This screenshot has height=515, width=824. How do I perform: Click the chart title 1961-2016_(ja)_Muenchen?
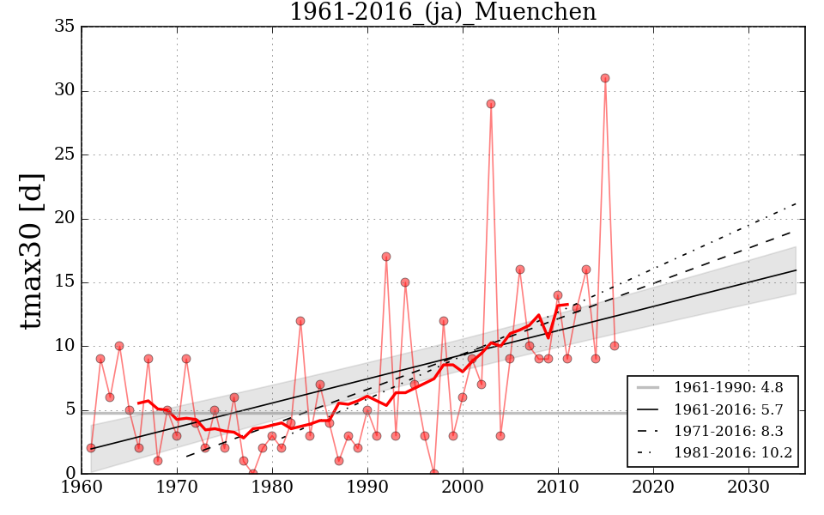point(442,12)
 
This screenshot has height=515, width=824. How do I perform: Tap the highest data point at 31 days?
point(605,78)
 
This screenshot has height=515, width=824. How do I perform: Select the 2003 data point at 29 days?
point(491,104)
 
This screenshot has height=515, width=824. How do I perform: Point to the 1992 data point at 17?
point(386,257)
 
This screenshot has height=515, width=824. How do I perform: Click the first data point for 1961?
point(91,448)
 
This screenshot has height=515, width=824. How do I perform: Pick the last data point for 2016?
point(615,346)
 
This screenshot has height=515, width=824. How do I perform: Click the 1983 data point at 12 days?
point(300,321)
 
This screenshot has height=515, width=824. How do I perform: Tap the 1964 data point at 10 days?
point(119,346)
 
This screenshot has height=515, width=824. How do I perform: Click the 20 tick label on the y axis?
point(64,219)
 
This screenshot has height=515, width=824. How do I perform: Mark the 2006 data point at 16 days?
point(520,270)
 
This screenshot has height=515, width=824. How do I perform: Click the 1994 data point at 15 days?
point(405,282)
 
